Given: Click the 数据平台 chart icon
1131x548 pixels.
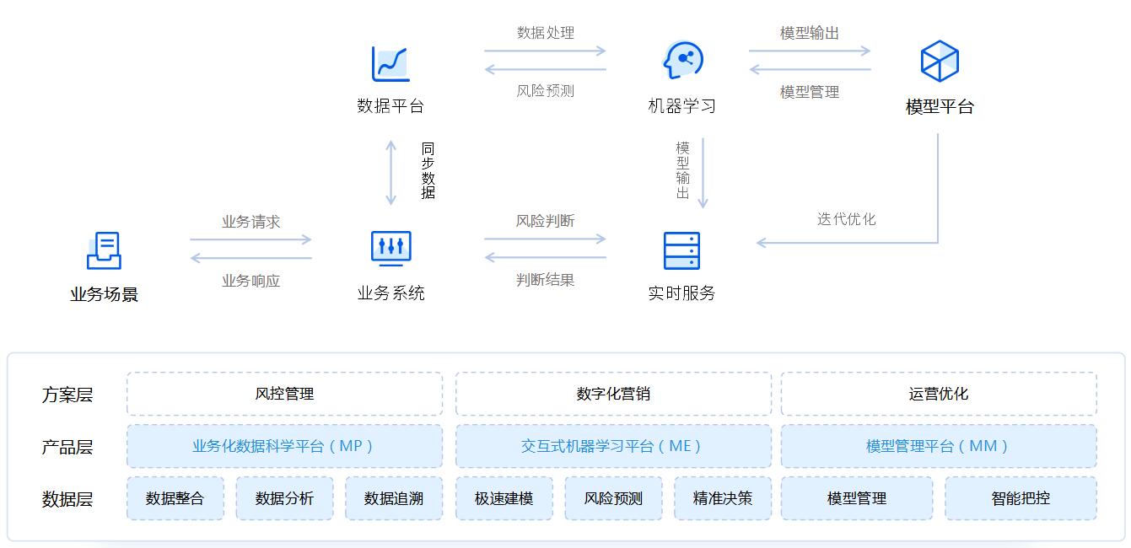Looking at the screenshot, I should tap(390, 63).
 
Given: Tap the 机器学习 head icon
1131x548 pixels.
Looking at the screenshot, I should tap(682, 61).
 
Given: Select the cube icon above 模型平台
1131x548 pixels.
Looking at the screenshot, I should tap(939, 61).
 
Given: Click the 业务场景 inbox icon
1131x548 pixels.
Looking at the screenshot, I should tap(105, 250).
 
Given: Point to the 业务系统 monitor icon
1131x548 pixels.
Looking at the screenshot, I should tap(390, 248).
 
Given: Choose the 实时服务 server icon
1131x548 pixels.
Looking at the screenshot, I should tap(681, 250).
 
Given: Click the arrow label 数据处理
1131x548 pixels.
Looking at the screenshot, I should tap(545, 33).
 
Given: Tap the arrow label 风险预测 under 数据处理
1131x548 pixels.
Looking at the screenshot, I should tap(545, 90).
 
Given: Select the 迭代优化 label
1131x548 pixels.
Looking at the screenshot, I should tap(846, 219).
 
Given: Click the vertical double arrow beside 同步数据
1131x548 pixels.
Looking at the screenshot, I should tap(390, 173).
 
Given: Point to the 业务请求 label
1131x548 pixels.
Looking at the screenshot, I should tap(250, 222).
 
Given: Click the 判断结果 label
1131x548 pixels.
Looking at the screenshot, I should tap(545, 279).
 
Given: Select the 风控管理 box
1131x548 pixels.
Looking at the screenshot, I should tap(284, 394).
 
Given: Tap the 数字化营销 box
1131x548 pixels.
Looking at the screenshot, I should tap(613, 394).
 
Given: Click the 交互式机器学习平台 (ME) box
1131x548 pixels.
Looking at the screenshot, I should tap(613, 446).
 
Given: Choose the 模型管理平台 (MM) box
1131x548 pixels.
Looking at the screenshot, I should tap(939, 446).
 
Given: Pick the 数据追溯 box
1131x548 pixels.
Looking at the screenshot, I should tap(394, 498).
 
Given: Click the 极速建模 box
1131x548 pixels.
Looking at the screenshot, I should tap(504, 498).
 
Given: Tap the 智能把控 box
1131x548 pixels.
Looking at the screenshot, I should tap(1021, 498).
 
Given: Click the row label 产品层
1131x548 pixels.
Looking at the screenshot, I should tap(67, 447).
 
